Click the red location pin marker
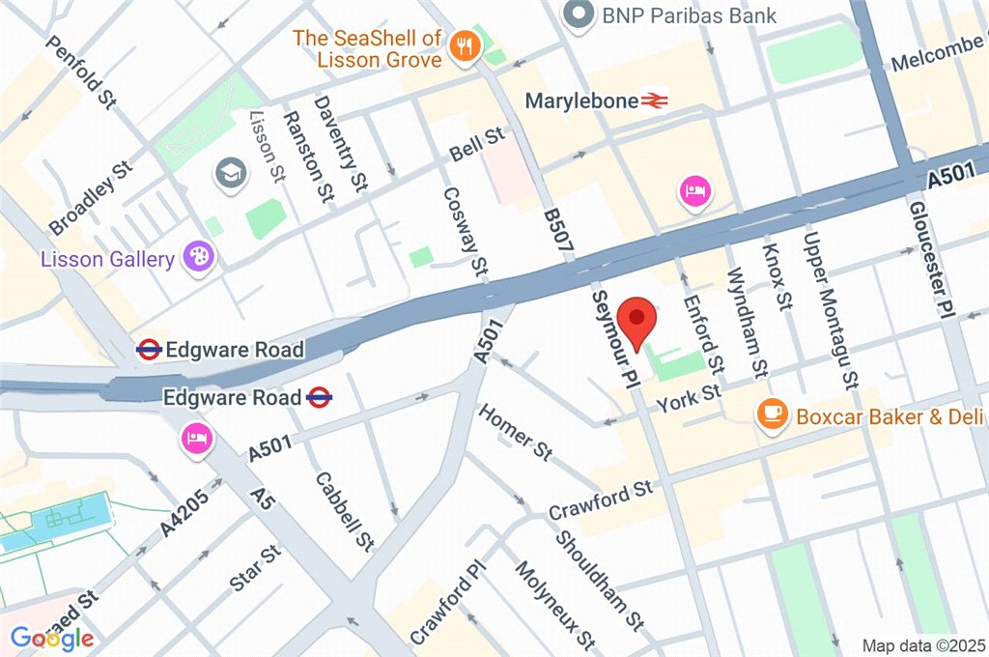click(636, 323)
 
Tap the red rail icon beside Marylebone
click(656, 100)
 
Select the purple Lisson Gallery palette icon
click(202, 258)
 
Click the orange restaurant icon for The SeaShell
click(465, 45)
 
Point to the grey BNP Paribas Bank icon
click(579, 14)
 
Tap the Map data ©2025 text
click(922, 644)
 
